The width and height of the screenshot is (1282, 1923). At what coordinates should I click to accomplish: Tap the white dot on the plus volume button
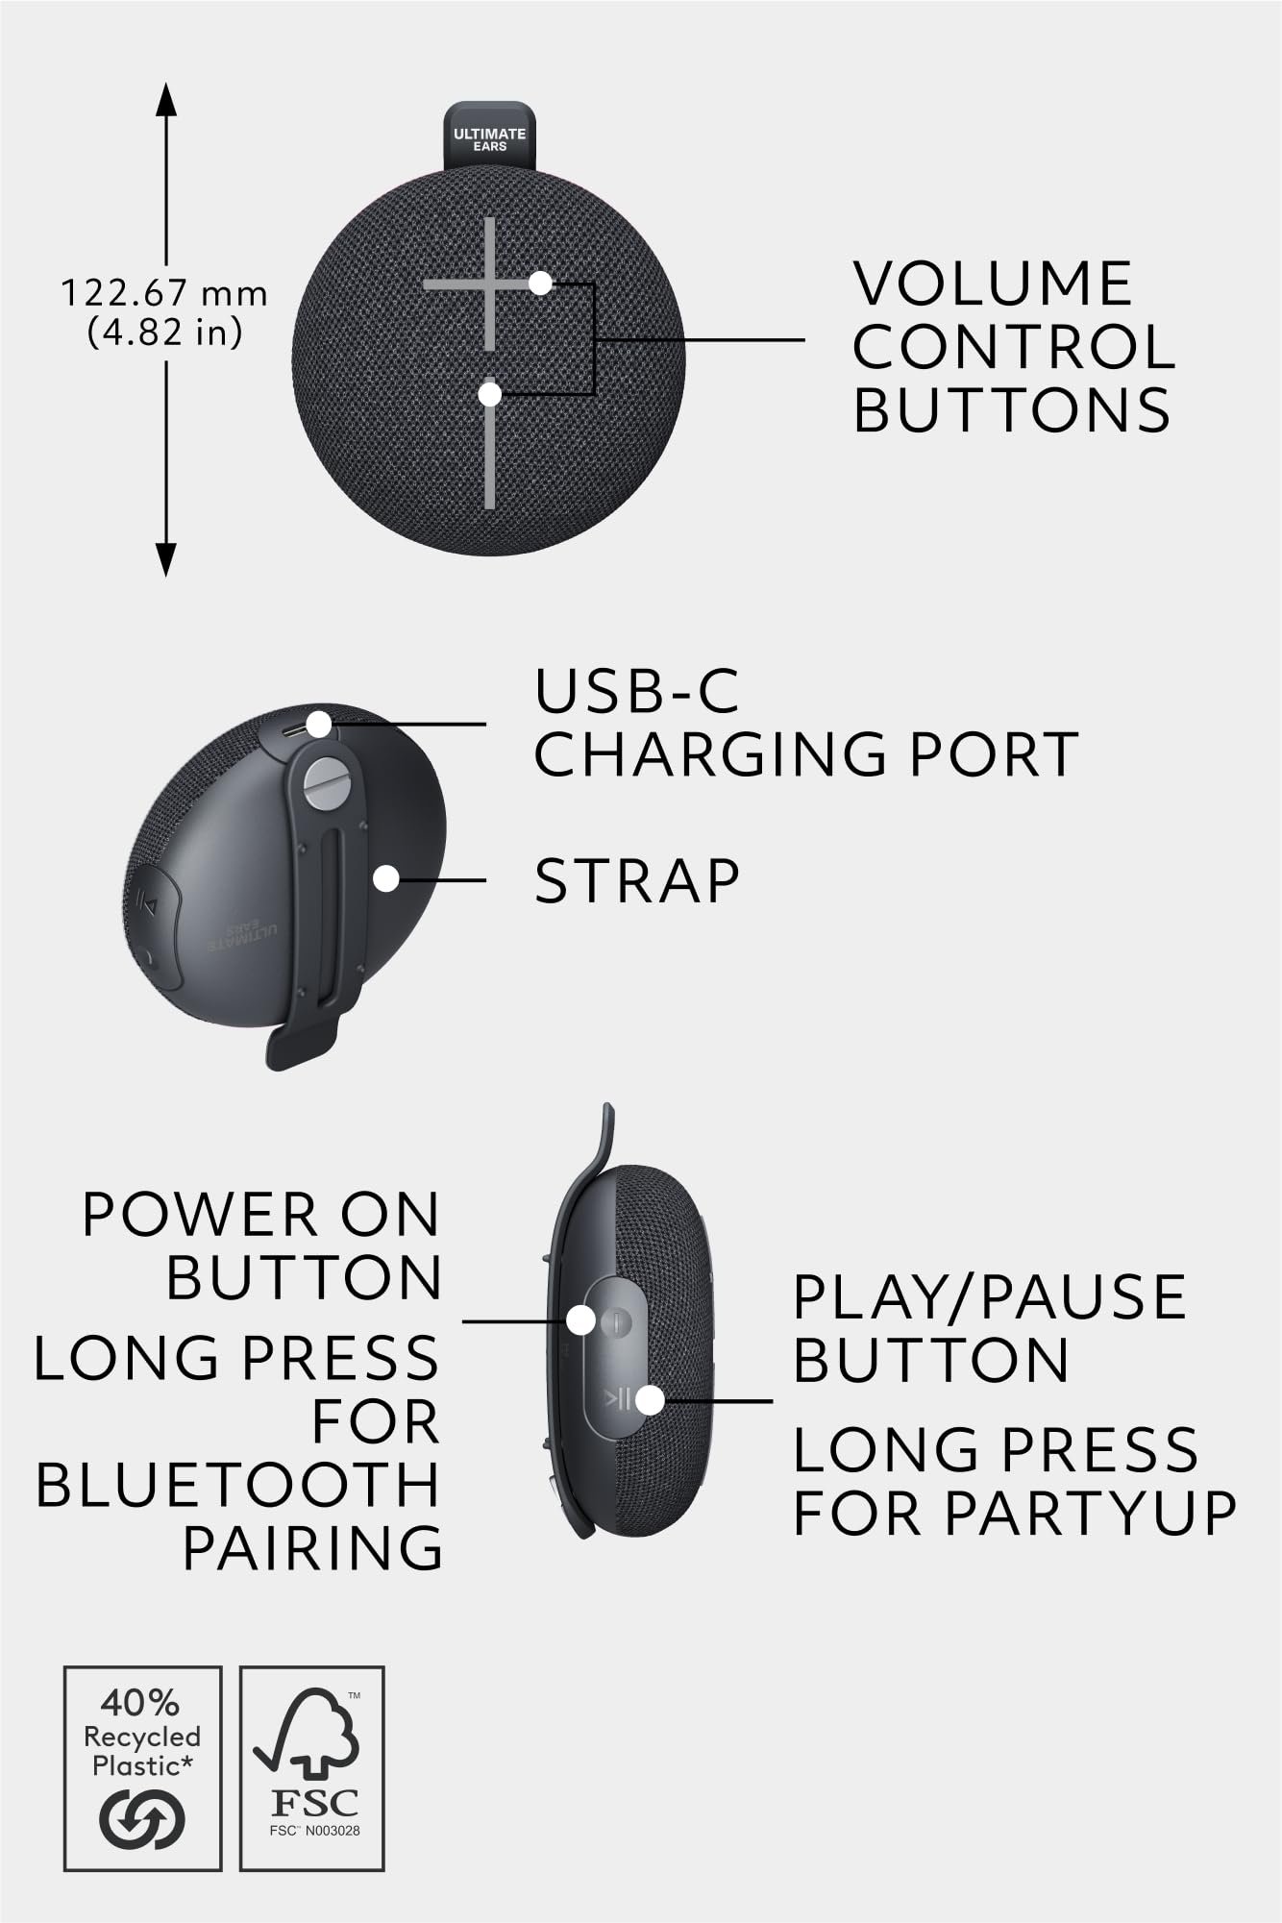click(x=540, y=284)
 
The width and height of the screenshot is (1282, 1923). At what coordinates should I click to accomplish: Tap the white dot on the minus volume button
click(x=490, y=394)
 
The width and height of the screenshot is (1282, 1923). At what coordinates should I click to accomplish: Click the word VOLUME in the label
click(x=993, y=284)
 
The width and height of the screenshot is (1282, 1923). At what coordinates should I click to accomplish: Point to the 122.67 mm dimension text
click(x=164, y=293)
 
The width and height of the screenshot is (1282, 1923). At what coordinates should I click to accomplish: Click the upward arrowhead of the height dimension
click(x=166, y=101)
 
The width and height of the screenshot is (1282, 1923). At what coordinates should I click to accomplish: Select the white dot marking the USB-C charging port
click(x=318, y=724)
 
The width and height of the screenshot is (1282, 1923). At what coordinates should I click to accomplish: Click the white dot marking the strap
click(x=386, y=878)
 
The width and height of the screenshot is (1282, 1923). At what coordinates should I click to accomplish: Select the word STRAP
click(x=637, y=880)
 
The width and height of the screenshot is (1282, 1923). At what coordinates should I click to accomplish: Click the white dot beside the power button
click(x=580, y=1320)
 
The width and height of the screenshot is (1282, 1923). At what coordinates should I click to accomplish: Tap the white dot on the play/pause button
click(x=651, y=1400)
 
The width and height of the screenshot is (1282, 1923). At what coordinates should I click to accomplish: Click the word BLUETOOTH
click(x=237, y=1485)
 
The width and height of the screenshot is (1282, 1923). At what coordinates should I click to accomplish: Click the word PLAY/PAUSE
click(x=990, y=1296)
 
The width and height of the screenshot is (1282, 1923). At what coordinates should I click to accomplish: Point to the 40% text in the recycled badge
click(x=140, y=1703)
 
